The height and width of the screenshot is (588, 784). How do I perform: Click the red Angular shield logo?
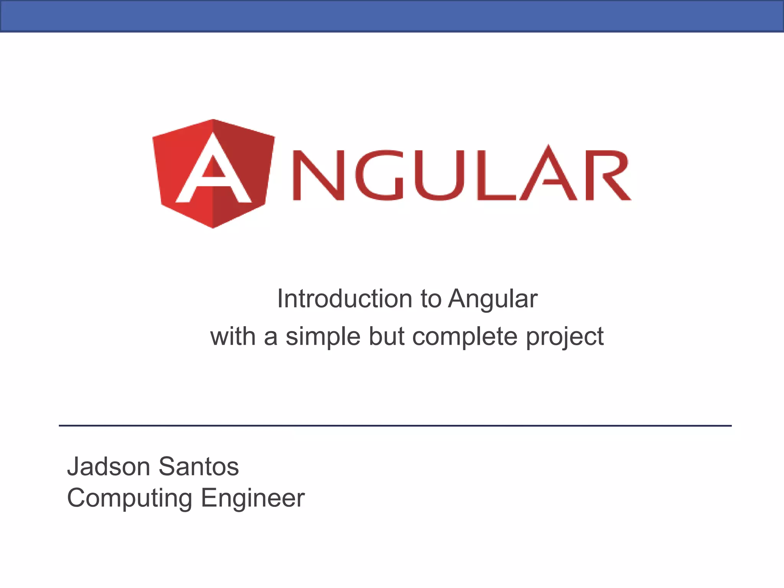[x=213, y=173]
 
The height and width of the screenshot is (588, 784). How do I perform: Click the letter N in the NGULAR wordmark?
[x=318, y=175]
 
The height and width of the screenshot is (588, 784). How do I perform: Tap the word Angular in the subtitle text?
[x=493, y=299]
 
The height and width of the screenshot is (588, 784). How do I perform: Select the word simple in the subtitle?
[x=323, y=337]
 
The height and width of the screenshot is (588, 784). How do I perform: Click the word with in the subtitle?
[x=233, y=336]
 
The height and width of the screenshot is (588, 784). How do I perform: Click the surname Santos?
[x=199, y=467]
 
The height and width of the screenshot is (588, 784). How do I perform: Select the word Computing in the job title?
[x=129, y=498]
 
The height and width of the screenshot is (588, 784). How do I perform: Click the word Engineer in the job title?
[x=253, y=498]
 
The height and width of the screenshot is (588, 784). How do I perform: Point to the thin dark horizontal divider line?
[x=395, y=425]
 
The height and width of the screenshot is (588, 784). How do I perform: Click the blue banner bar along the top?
[x=392, y=16]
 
